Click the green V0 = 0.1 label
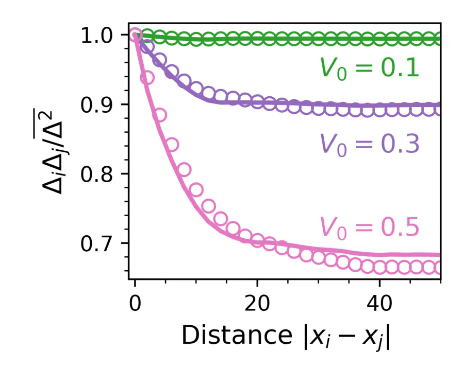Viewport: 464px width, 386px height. [369, 69]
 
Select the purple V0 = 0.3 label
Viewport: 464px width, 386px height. [369, 145]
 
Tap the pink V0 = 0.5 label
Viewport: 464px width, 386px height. [369, 227]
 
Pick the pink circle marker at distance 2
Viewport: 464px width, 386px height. [147, 78]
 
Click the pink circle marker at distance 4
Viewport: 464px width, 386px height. [159, 115]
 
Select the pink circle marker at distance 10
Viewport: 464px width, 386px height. [196, 189]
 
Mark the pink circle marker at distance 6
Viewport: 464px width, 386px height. [172, 145]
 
